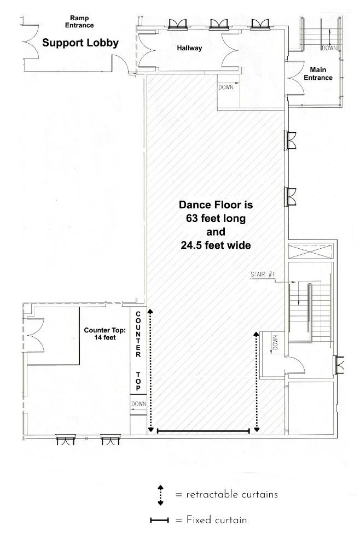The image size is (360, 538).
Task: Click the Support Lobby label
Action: coord(80,43)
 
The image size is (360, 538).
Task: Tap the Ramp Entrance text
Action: coord(79,22)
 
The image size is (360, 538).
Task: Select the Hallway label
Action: coord(189,48)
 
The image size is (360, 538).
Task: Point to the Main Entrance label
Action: coord(318,74)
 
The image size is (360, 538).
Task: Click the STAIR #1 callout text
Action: coord(263,274)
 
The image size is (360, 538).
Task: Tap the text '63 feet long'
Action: coord(216,218)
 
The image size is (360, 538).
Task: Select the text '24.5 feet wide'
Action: coord(216,245)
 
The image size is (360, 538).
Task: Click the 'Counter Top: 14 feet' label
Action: coord(105,334)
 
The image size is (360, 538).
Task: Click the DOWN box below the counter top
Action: coord(138,405)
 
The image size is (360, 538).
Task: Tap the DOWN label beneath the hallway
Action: coord(226,87)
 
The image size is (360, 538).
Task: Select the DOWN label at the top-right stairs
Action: coord(329,48)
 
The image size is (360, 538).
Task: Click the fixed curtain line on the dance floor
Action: coord(203,431)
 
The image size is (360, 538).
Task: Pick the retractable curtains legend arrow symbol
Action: coord(160,495)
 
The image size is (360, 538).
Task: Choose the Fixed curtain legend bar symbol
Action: coord(160,521)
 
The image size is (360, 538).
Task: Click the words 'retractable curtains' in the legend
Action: coord(232,494)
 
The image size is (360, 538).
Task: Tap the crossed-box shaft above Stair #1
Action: coord(311,251)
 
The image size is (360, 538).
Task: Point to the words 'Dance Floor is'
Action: coord(216,205)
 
